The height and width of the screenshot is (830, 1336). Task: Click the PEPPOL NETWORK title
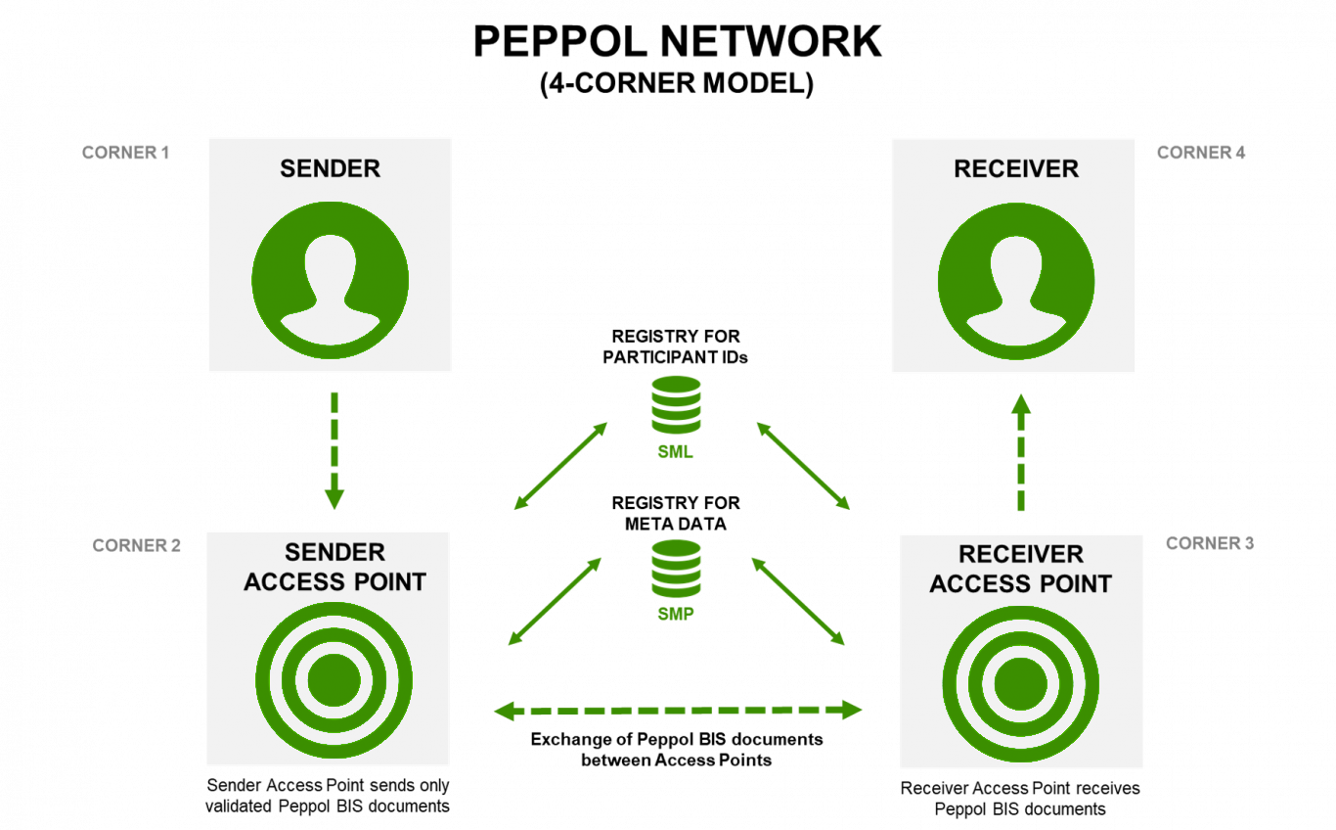(677, 42)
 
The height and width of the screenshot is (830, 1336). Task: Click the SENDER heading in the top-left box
(330, 168)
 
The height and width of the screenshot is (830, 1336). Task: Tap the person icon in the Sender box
(330, 279)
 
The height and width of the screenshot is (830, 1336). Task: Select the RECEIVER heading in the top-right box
(1015, 168)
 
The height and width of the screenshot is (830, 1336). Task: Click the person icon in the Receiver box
(1015, 279)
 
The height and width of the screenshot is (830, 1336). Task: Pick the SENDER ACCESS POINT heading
(334, 568)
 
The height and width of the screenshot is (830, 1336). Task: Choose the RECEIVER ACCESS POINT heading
(1020, 570)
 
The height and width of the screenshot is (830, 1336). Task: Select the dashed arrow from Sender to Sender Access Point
(334, 450)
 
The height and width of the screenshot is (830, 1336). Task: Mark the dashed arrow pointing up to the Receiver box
(1020, 452)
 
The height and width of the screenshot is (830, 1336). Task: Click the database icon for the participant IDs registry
(676, 404)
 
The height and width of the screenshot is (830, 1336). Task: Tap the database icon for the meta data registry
(676, 568)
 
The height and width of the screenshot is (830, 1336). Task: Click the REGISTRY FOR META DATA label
(676, 513)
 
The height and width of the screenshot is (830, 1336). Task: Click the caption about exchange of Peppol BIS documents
(677, 749)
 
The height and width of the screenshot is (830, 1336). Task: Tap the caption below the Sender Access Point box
(328, 796)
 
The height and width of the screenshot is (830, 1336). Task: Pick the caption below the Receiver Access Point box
(1020, 799)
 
